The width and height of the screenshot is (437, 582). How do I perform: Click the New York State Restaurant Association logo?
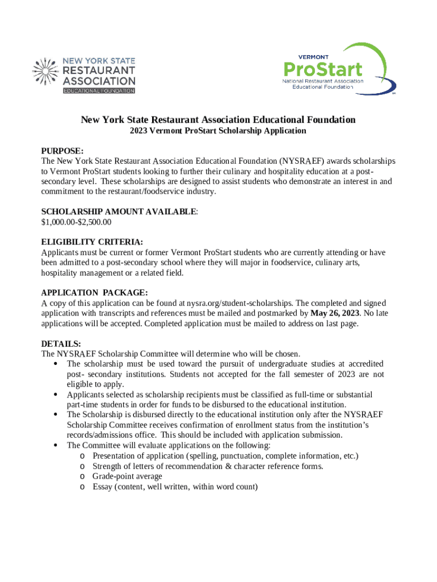tap(84, 74)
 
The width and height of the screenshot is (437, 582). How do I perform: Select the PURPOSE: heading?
tap(62, 151)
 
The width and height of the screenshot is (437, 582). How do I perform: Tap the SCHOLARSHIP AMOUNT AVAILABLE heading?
tap(119, 211)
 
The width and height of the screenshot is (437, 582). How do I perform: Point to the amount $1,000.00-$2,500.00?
tap(76, 222)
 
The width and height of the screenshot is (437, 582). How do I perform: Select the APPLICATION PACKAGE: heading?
tap(94, 293)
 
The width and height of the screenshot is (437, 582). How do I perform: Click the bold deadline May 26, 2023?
tap(335, 313)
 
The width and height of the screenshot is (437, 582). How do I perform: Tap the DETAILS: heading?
tap(61, 344)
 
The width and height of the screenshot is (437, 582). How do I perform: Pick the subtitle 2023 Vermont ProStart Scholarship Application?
tap(218, 131)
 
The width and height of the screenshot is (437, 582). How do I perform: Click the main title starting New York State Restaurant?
tap(218, 119)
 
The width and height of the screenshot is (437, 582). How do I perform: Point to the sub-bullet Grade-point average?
tap(127, 476)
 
